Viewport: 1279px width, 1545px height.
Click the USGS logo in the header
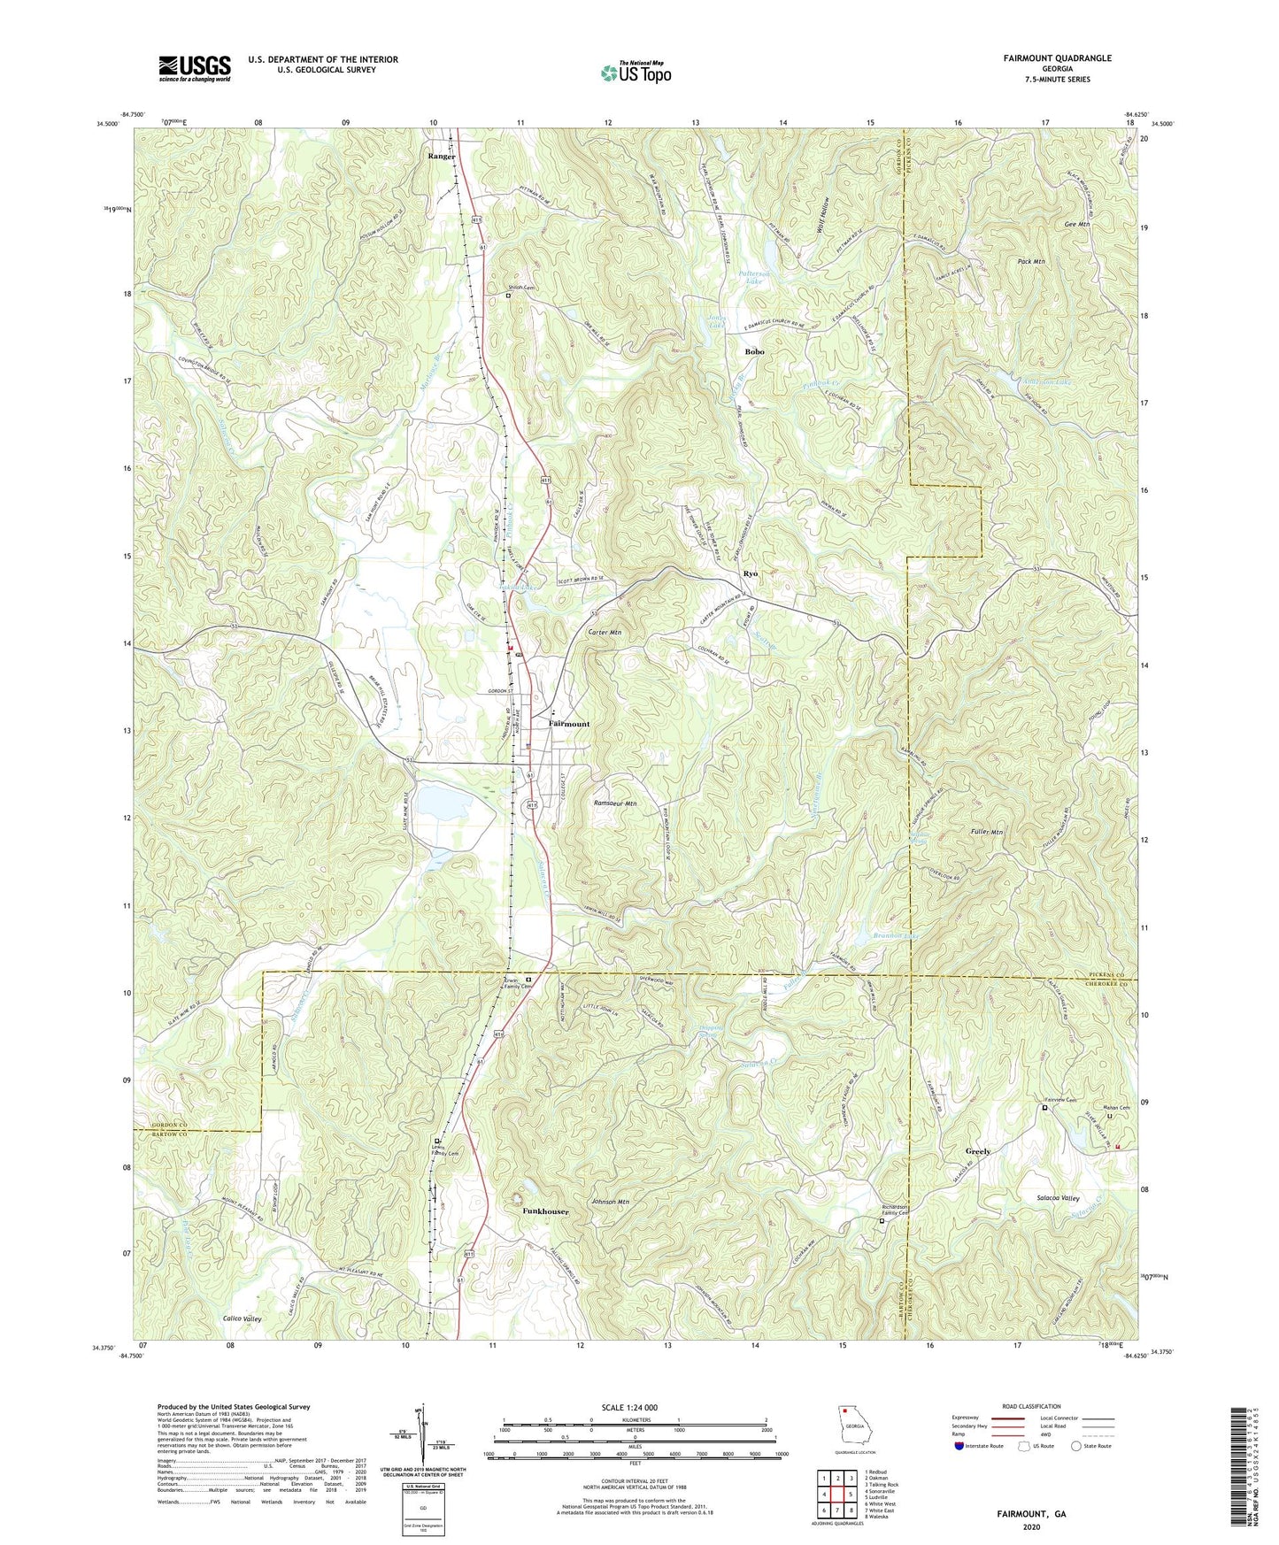tap(195, 67)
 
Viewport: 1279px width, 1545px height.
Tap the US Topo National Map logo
tap(635, 73)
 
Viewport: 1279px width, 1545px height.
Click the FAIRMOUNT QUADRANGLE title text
tap(1057, 58)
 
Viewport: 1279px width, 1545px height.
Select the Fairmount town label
tap(568, 724)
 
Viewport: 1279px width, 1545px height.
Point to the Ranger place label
tap(441, 157)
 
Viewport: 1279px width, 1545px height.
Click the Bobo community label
tap(754, 351)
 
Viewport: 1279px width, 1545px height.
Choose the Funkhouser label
tap(545, 1211)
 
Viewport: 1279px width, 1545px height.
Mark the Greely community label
tap(978, 1151)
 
